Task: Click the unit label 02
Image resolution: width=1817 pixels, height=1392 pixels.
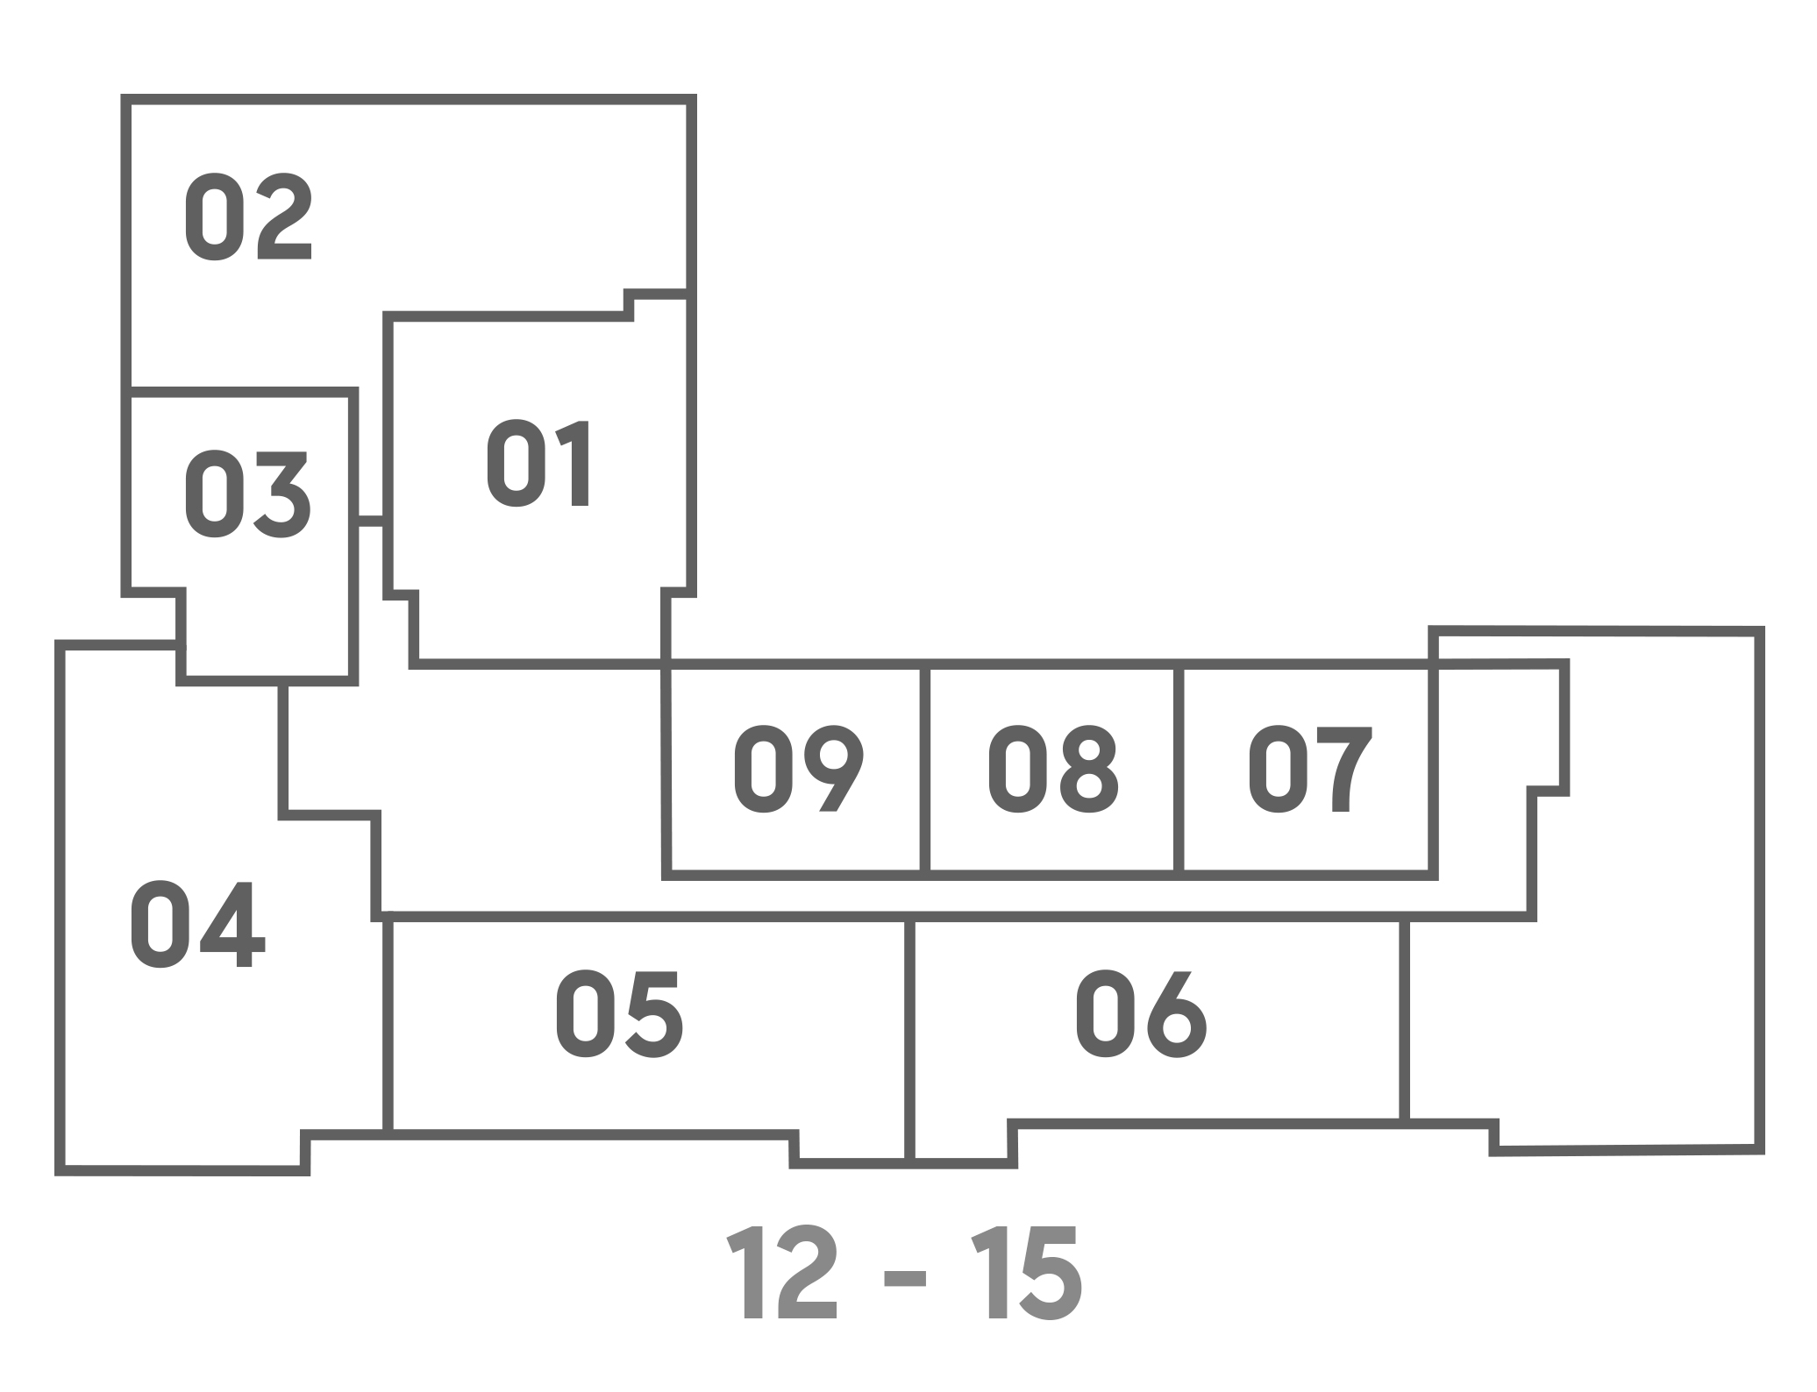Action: pyautogui.click(x=248, y=217)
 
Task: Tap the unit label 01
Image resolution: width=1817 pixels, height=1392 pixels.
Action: pyautogui.click(x=538, y=463)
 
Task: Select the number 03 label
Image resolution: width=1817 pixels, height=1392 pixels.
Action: pyautogui.click(x=246, y=494)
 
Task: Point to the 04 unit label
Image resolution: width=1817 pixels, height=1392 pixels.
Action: pyautogui.click(x=197, y=925)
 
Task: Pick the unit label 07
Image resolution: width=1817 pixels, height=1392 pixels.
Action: pyautogui.click(x=1311, y=769)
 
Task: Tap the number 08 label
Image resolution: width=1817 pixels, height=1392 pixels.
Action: pyautogui.click(x=1053, y=769)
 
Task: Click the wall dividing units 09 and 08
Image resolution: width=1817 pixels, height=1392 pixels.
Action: pyautogui.click(x=925, y=770)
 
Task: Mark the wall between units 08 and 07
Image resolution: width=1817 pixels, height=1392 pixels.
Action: pyautogui.click(x=1179, y=770)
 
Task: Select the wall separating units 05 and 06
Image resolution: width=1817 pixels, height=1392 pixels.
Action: pyautogui.click(x=910, y=1040)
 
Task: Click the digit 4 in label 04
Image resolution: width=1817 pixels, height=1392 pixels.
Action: pyautogui.click(x=232, y=925)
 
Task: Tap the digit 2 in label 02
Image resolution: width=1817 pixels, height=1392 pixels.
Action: pyautogui.click(x=284, y=217)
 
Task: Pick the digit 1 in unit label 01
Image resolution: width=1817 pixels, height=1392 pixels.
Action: pyautogui.click(x=573, y=463)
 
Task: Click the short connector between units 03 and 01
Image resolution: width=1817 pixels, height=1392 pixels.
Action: pyautogui.click(x=372, y=522)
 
